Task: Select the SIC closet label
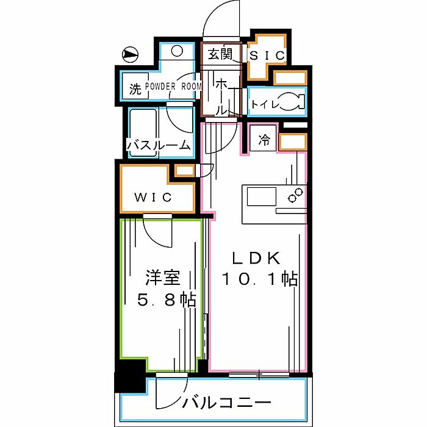click(x=267, y=55)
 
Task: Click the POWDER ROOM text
click(x=173, y=87)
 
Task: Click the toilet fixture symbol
click(x=292, y=102)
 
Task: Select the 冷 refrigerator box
click(x=264, y=140)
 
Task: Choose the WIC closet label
click(x=154, y=198)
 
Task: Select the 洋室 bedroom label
click(x=162, y=279)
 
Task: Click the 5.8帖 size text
click(x=162, y=300)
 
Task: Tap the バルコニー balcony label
click(x=226, y=403)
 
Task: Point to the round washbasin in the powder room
click(x=177, y=52)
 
